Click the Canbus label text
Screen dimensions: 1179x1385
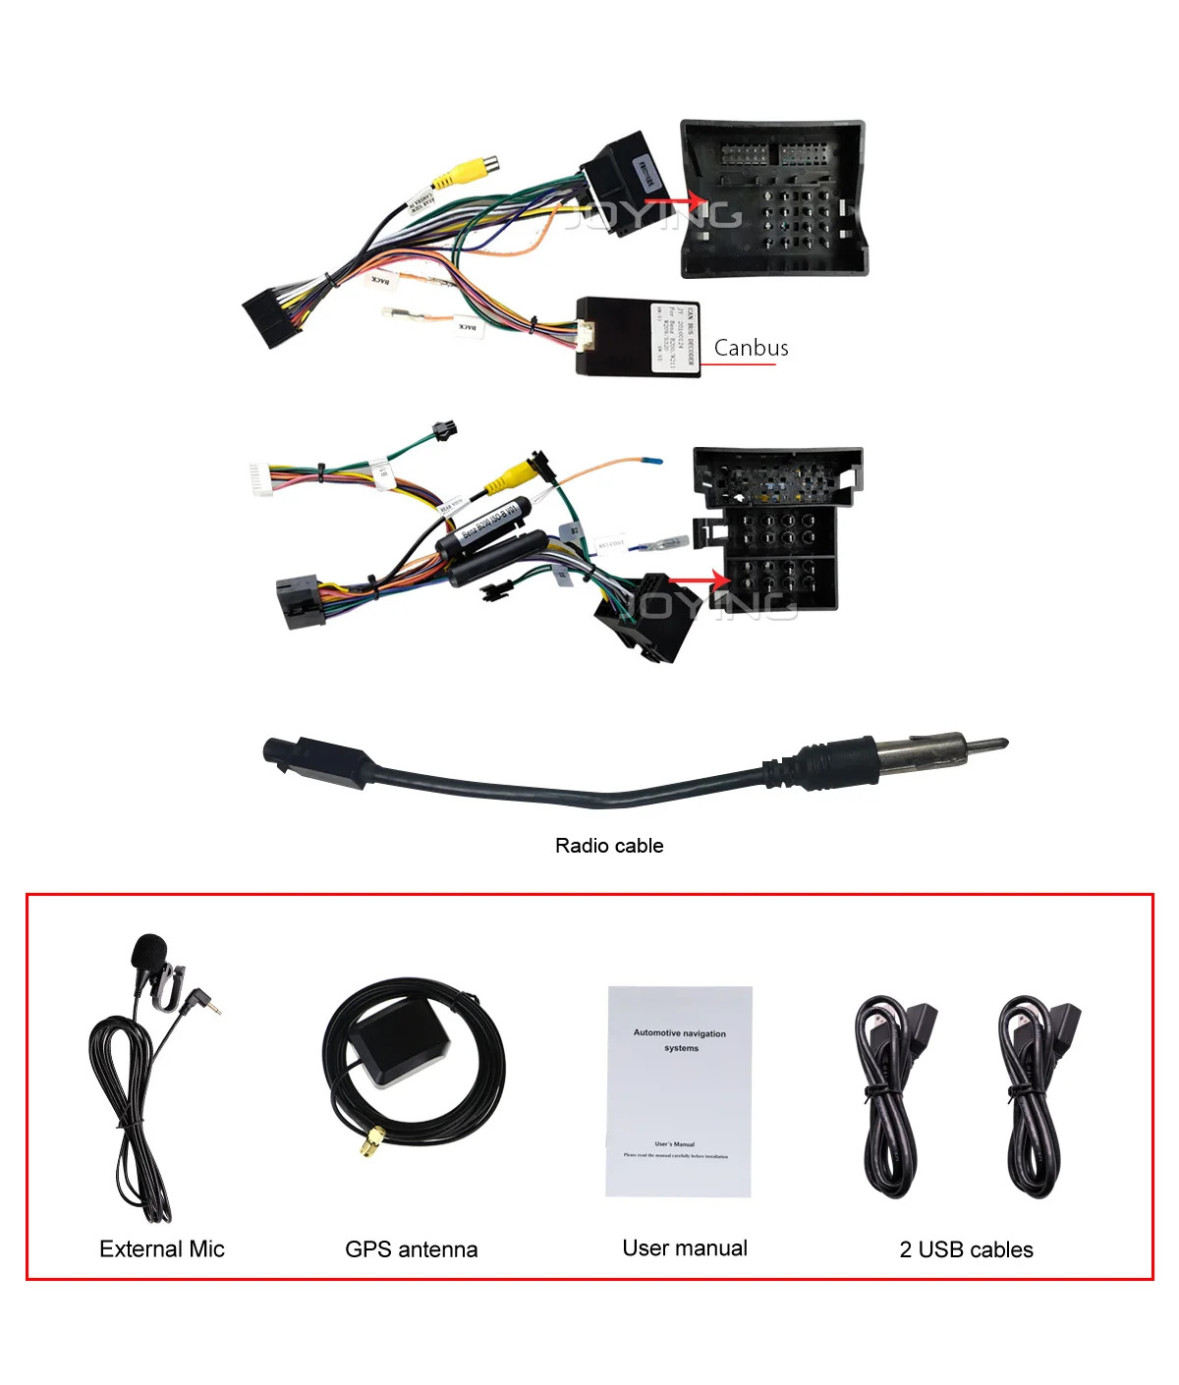[751, 348]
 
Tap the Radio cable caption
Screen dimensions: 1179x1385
[609, 846]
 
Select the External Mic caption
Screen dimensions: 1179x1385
[162, 1248]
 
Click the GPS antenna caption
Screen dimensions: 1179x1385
[411, 1249]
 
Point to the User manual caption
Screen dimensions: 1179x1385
[685, 1247]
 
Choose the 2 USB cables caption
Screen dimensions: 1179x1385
[966, 1249]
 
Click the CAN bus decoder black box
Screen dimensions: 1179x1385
[639, 336]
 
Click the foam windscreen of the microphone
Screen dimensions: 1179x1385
[149, 950]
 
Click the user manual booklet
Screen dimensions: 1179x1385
[679, 1091]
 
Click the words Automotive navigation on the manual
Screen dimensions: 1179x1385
[679, 1033]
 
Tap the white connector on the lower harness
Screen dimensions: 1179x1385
[260, 480]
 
